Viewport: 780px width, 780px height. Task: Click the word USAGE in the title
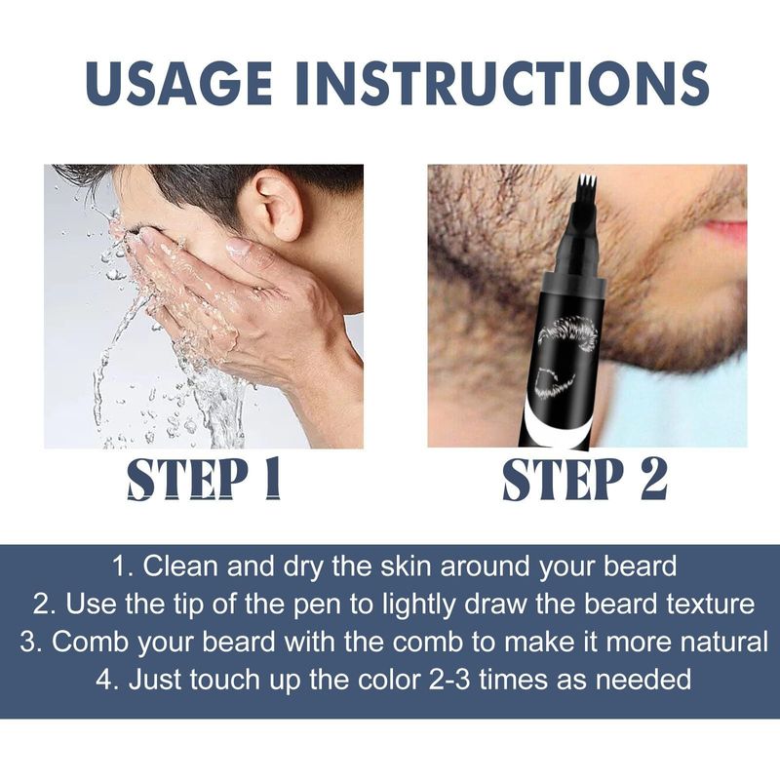(x=179, y=83)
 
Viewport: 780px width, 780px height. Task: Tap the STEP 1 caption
(x=204, y=479)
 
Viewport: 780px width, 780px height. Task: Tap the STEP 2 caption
(x=585, y=479)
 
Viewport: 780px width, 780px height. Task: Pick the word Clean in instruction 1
(x=174, y=566)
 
